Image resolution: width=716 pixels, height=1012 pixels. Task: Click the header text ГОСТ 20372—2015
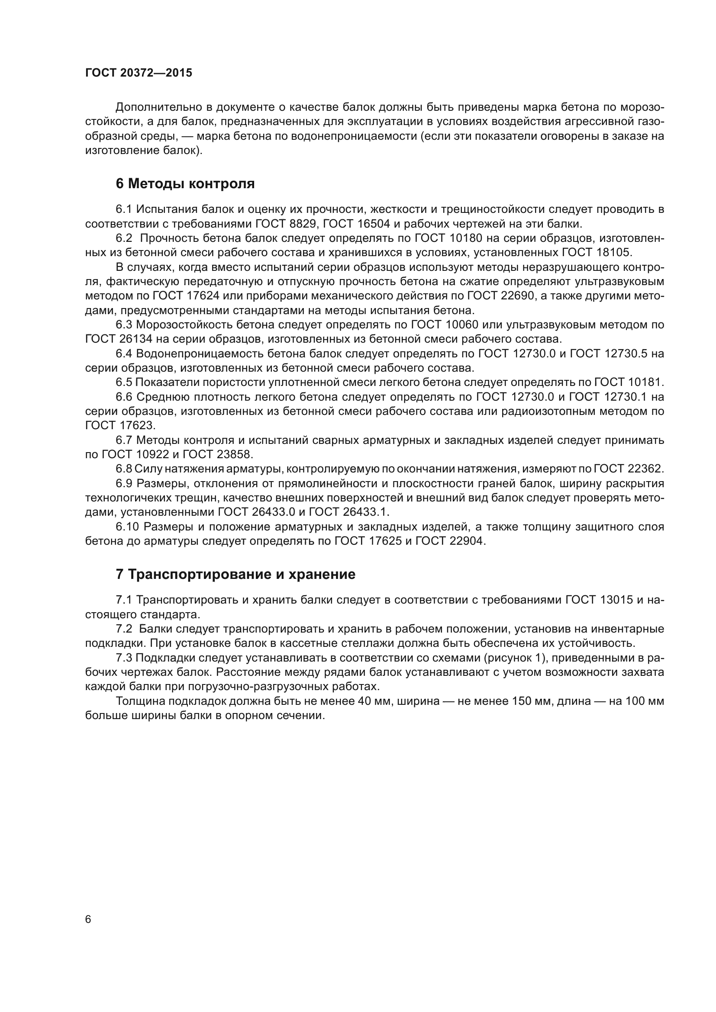(x=139, y=73)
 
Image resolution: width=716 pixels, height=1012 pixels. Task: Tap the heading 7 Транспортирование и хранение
(x=235, y=575)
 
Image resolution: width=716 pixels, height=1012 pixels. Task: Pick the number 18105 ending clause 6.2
(x=613, y=253)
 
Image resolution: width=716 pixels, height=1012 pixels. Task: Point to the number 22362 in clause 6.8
(x=644, y=469)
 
